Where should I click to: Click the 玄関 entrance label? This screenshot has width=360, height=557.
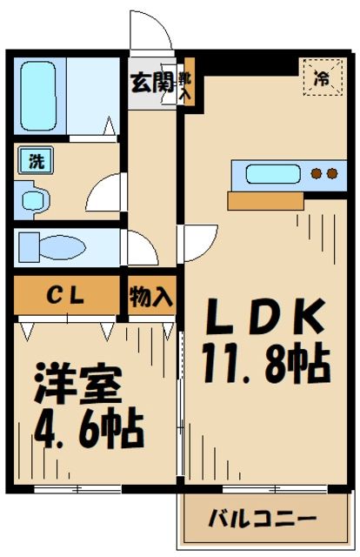coord(150,84)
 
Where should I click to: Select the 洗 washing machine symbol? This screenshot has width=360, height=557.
coord(36,160)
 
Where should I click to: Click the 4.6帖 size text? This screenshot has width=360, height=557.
coord(87,427)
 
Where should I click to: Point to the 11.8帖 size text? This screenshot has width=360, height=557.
coord(265,364)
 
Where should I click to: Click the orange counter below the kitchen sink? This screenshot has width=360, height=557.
coord(265,201)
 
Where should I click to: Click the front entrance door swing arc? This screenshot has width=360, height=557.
coord(148,35)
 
